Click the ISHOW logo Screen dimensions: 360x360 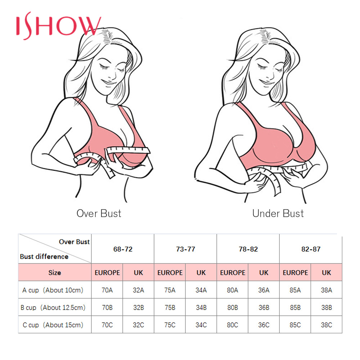pos(59,26)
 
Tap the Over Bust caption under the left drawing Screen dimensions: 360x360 pos(99,213)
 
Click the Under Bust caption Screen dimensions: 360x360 pos(278,213)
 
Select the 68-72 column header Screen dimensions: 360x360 pos(123,249)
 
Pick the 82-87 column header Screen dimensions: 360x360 pos(311,249)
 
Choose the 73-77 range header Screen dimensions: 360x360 pos(185,249)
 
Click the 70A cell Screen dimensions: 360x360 pos(107,290)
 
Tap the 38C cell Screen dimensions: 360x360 pos(327,325)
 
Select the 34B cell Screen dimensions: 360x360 pos(201,308)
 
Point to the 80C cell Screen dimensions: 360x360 pos(233,325)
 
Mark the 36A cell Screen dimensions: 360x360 pos(264,290)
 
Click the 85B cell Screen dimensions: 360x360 pos(295,308)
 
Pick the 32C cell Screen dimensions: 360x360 pos(139,325)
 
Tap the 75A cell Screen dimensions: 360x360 pos(170,290)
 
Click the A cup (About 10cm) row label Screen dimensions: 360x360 pos(53,290)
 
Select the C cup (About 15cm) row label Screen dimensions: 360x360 pos(53,325)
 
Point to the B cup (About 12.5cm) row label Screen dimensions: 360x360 pos(53,308)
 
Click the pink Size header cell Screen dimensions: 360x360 pos(55,273)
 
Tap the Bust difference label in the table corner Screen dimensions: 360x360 pos(44,257)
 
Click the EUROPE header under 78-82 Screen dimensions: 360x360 pos(233,273)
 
